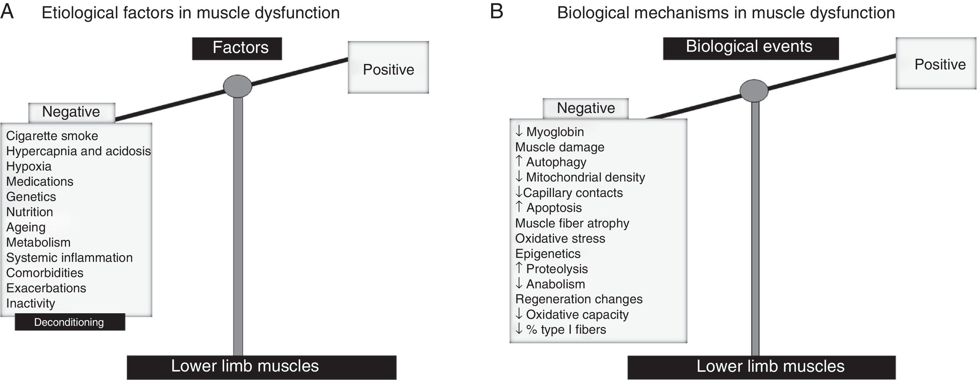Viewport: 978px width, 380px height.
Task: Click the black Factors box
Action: [237, 48]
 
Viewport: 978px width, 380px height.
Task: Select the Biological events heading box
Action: [751, 48]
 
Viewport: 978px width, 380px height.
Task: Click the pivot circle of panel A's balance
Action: [237, 86]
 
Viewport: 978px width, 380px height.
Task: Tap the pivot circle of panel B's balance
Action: [754, 90]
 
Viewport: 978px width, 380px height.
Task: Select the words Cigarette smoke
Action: [52, 136]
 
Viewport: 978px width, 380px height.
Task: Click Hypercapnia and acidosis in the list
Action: [78, 151]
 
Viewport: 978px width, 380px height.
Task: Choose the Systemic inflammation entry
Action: [69, 257]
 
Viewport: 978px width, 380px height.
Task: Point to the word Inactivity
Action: [30, 303]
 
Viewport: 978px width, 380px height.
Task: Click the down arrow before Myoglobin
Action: [519, 131]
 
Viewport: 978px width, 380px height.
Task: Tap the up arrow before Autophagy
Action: [519, 161]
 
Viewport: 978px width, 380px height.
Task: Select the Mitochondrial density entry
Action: [585, 177]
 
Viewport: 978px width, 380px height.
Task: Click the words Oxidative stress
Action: [560, 238]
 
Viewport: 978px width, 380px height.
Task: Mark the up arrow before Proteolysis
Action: [519, 268]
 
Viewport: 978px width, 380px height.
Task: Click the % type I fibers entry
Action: [566, 329]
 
